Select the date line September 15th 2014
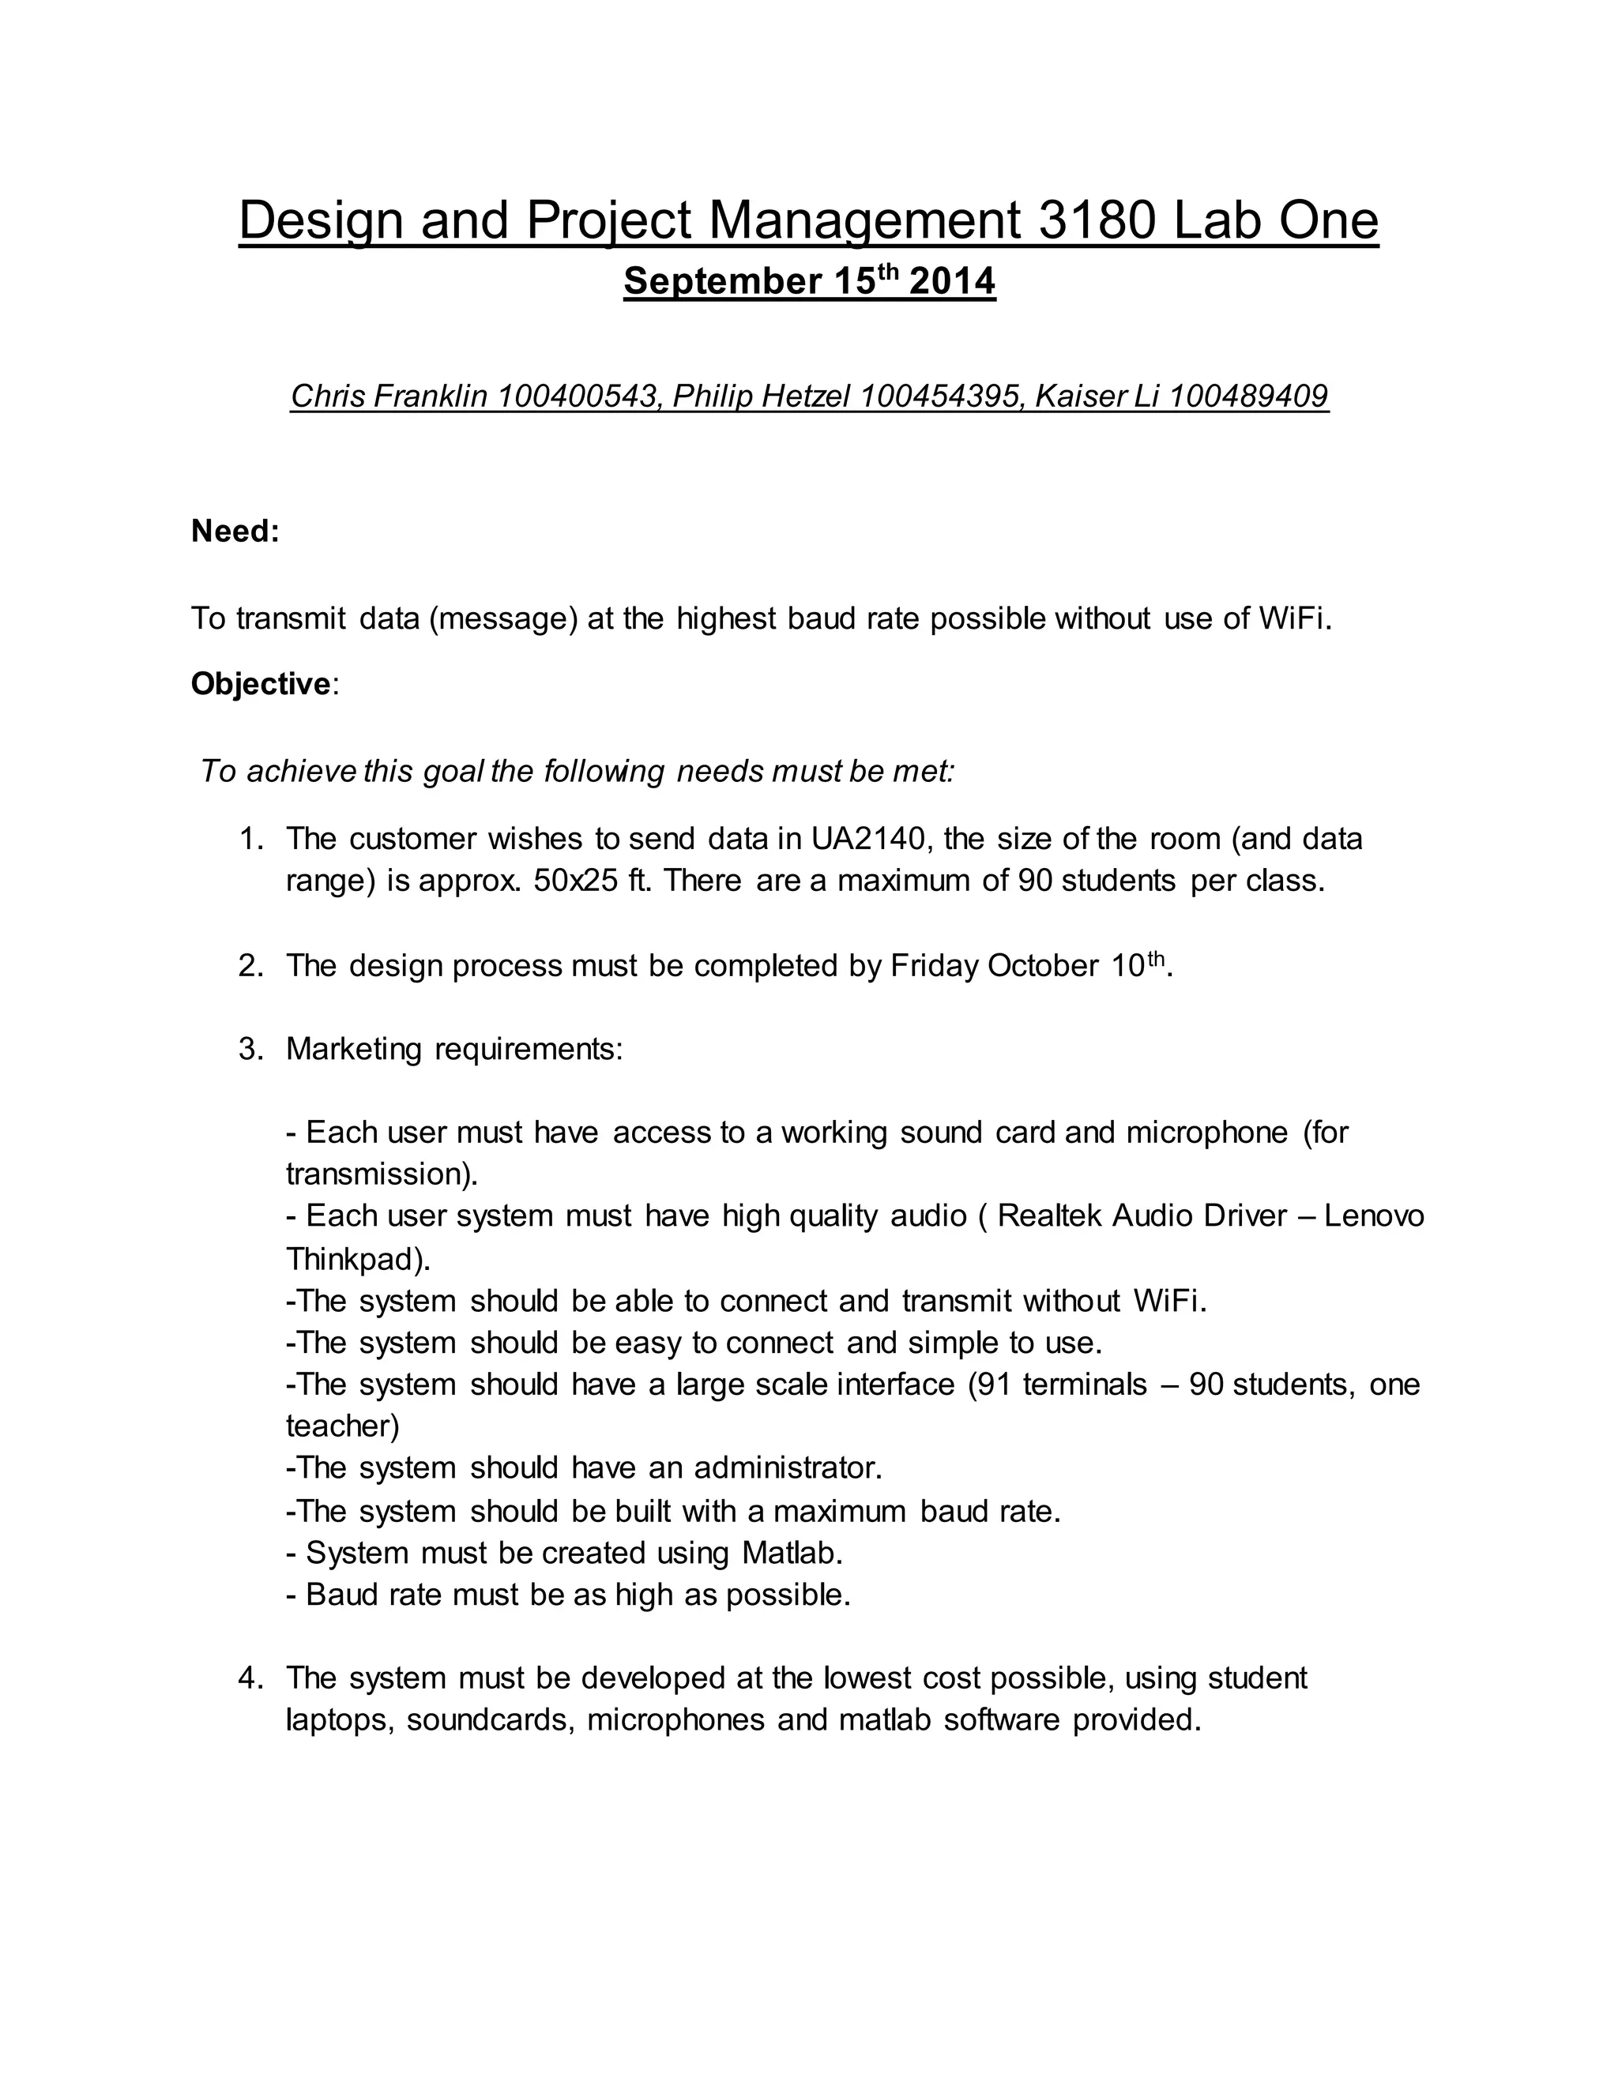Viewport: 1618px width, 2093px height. point(809,282)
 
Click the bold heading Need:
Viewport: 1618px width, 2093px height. point(235,531)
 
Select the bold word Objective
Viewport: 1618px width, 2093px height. point(260,684)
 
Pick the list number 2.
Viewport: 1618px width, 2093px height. point(250,966)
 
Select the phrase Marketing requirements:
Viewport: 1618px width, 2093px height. point(454,1050)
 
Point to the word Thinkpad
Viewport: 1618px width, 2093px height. point(354,1258)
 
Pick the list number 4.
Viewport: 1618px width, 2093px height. point(250,1678)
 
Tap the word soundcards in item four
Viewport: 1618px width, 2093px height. point(491,1720)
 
